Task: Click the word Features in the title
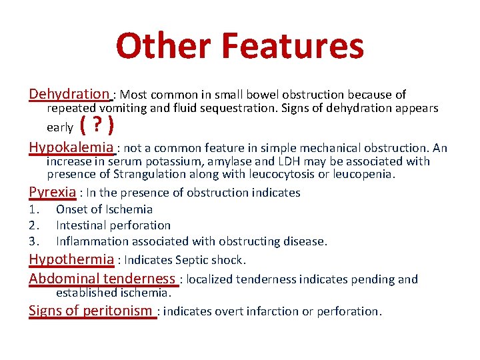click(293, 47)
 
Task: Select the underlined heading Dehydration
click(69, 94)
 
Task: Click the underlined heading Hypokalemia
click(71, 147)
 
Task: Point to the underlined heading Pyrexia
click(53, 192)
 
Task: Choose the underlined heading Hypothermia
click(71, 259)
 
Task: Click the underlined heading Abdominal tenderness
click(101, 279)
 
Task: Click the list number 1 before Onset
click(33, 209)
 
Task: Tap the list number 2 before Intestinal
click(33, 225)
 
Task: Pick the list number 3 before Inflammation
click(33, 241)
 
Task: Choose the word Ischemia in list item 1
click(128, 209)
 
